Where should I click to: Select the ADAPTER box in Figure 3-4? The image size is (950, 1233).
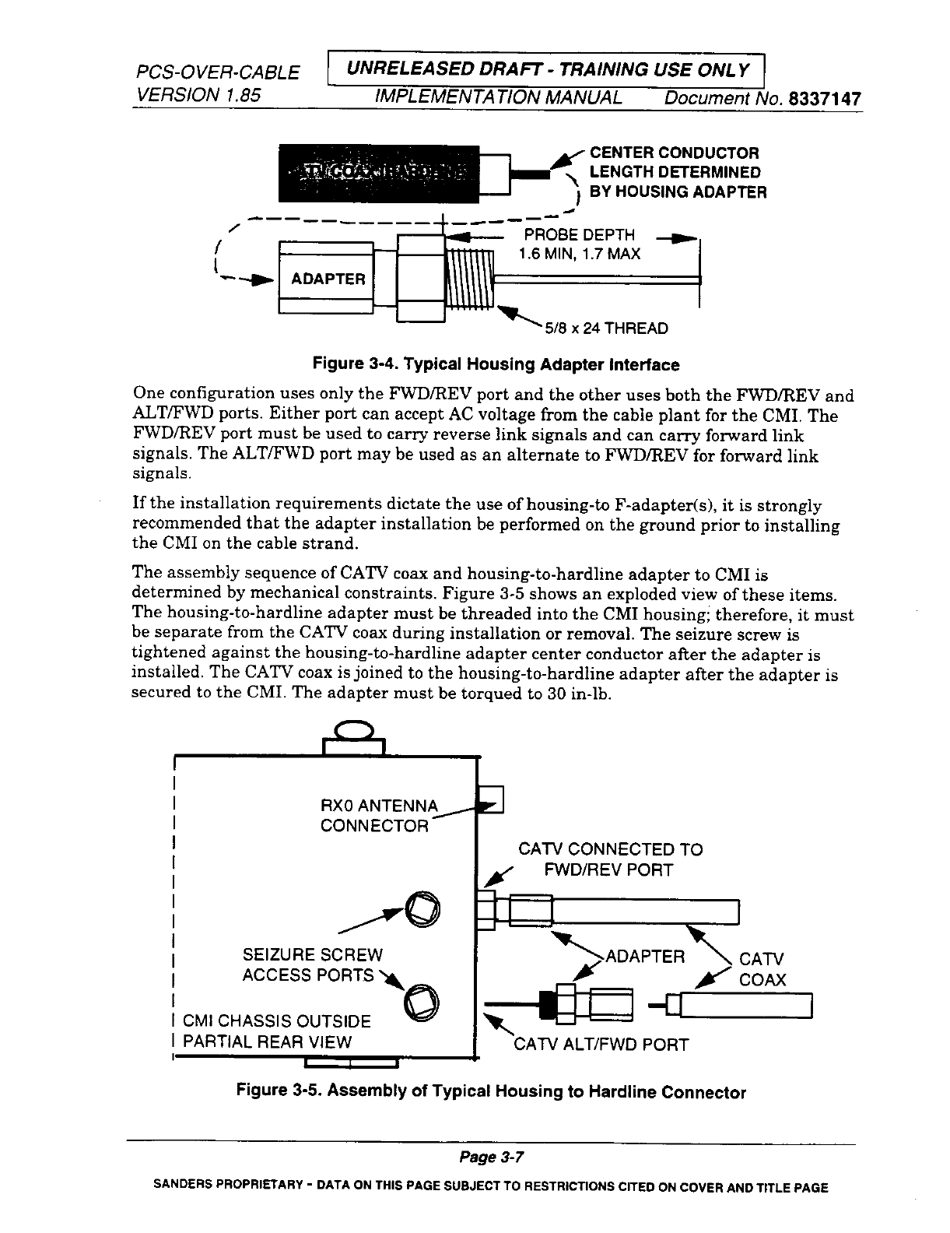[x=327, y=279]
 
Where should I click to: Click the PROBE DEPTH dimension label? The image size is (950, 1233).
[x=579, y=234]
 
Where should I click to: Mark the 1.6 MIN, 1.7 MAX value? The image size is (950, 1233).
[x=579, y=254]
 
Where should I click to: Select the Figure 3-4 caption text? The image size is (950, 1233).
[x=496, y=364]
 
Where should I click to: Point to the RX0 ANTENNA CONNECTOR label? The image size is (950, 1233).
[x=379, y=815]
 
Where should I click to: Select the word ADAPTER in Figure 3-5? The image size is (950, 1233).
[x=645, y=957]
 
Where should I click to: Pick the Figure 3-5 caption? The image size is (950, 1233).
[x=491, y=1092]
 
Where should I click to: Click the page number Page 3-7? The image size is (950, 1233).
[x=491, y=1157]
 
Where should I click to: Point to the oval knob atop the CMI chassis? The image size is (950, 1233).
[x=354, y=731]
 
